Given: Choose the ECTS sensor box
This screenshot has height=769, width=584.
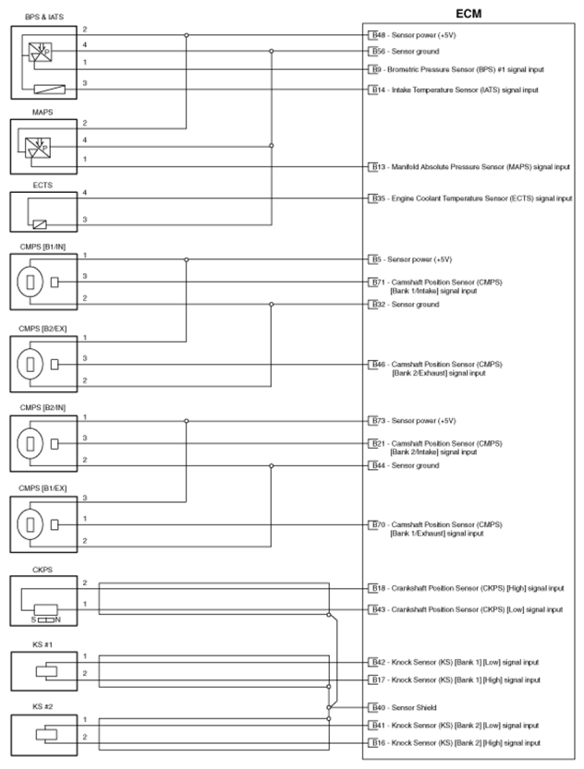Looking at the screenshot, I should point(43,211).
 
